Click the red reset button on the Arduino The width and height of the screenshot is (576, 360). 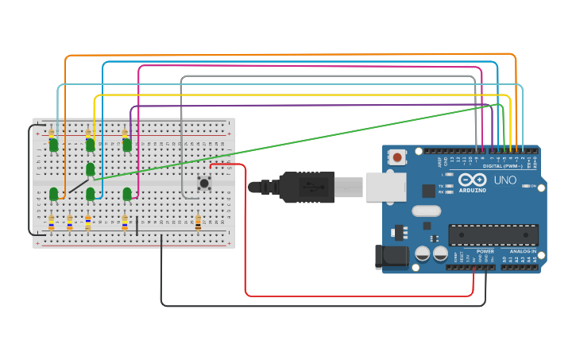pos(397,157)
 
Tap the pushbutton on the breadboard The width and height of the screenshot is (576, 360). pos(204,184)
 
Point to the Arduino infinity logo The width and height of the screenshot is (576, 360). pos(470,180)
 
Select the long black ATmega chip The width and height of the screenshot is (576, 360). pos(493,235)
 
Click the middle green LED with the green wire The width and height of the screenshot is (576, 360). pos(91,169)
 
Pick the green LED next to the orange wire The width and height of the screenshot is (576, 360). pos(53,194)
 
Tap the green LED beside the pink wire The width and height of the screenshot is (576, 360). pos(127,193)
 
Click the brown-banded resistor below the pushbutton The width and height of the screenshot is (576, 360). pos(198,224)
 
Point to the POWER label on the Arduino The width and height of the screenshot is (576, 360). pos(485,251)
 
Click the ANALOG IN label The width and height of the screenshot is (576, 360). pos(523,251)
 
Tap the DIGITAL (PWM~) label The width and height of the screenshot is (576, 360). pos(503,165)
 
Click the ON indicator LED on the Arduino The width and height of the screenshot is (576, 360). pos(533,187)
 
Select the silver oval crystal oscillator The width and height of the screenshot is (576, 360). pos(426,211)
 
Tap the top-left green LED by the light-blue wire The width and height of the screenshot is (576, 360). pos(53,145)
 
